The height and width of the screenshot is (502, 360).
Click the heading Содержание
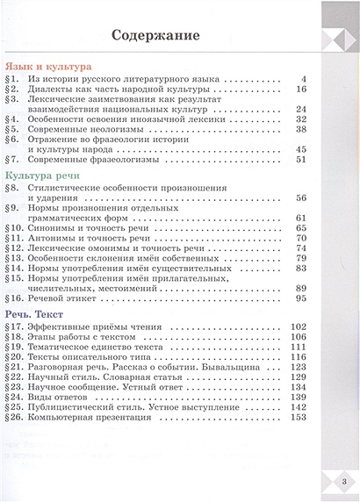click(x=155, y=36)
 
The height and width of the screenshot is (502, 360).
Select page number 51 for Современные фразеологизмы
click(x=299, y=160)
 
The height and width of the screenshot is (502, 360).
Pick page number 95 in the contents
click(x=299, y=298)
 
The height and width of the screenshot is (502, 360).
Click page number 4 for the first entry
click(x=302, y=78)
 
